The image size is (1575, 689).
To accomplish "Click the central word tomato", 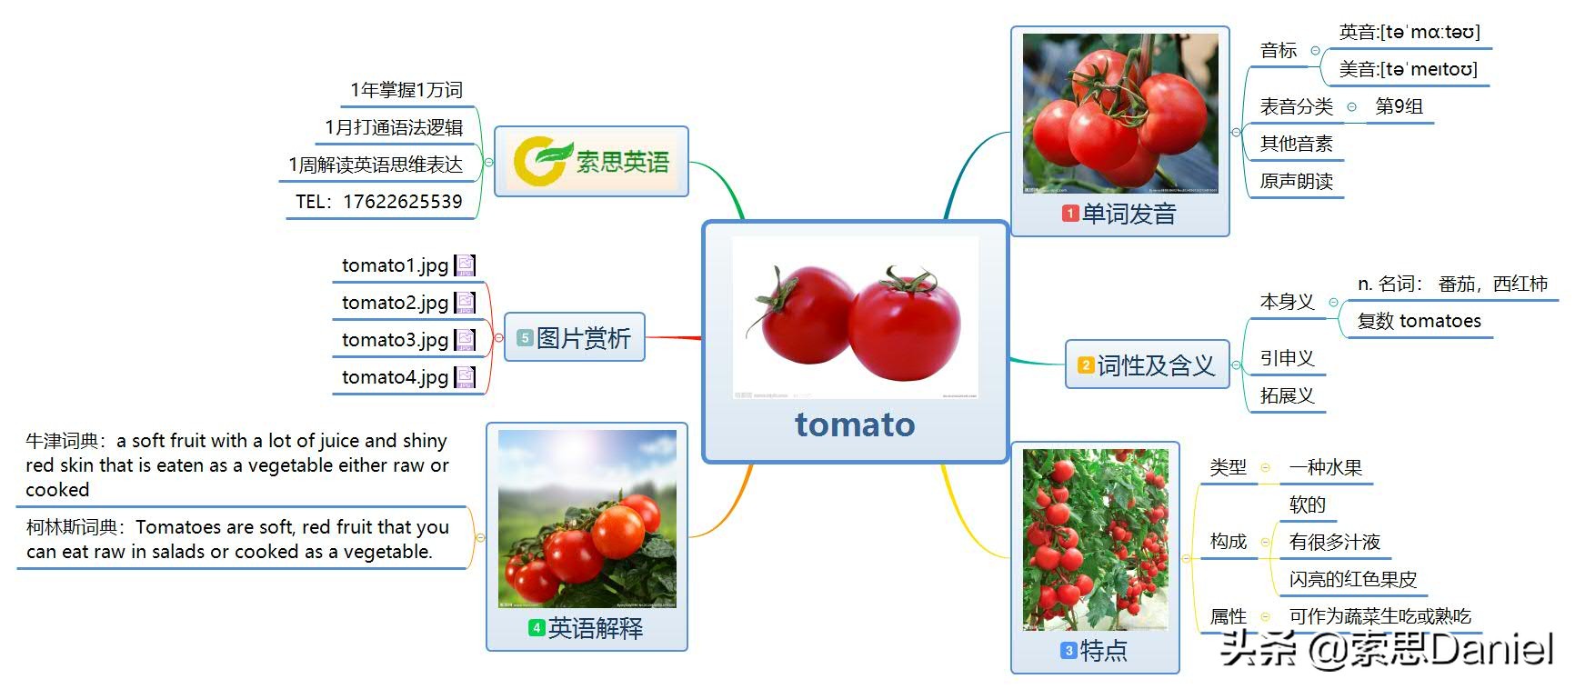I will pos(855,424).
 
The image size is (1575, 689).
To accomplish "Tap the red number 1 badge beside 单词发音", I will pos(1070,214).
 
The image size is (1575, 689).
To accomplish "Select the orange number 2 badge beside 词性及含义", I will pos(1086,365).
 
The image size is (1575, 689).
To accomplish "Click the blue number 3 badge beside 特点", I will pos(1069,651).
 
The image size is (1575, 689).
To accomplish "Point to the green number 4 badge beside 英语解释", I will pos(537,628).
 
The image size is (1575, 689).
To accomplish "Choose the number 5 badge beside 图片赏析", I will pos(525,338).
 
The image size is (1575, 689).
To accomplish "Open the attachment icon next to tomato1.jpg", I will pos(465,265).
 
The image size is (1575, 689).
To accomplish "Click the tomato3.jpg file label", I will pos(395,340).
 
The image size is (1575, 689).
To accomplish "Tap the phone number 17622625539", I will pos(402,202).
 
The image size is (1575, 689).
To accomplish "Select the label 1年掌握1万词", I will pos(406,90).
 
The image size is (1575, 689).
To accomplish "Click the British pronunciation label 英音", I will pos(1359,33).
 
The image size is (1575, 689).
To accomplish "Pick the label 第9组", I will pos(1399,106).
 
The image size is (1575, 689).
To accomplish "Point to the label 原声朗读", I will pos(1296,182).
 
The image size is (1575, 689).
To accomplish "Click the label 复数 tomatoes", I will pos(1419,321).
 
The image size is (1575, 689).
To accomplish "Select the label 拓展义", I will pos(1287,395).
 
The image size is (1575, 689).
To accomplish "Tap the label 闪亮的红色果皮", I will pos(1352,580).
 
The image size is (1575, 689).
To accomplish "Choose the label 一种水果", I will pos(1325,468).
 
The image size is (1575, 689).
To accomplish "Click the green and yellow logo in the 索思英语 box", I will pos(541,161).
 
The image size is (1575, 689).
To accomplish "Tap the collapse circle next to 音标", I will pos(1315,51).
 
